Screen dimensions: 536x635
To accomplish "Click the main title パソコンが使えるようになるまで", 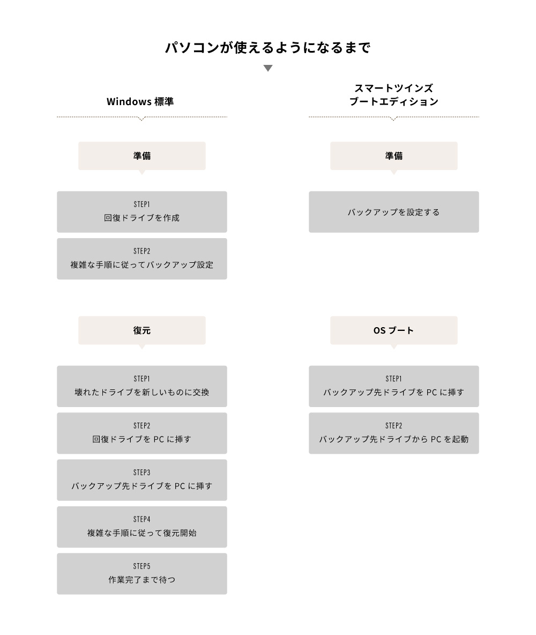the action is coord(267,48).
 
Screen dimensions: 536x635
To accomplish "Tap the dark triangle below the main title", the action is coord(268,68).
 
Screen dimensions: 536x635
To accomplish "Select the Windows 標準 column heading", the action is coord(140,101).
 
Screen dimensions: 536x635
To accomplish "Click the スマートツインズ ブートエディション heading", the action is coord(394,95).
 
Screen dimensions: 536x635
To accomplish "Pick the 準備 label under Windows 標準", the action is coord(142,156).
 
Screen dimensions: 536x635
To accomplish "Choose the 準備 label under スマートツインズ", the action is coord(394,156).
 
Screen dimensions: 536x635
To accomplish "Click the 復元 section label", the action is coord(142,330).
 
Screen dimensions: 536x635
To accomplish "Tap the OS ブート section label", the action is coord(394,330).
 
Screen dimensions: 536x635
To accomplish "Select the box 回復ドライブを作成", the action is coord(142,212).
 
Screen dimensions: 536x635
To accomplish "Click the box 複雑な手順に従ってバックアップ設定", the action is coord(142,259).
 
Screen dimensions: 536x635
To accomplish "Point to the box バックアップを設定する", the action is coord(394,212).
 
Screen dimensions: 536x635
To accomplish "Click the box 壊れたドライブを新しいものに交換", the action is coord(142,386).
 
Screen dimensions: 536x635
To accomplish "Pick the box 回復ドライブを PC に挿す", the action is coord(142,433).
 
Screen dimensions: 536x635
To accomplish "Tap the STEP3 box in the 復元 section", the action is coord(142,480).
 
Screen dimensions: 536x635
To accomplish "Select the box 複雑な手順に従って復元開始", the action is coord(142,527).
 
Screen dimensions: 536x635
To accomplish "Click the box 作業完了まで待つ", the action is coord(142,574).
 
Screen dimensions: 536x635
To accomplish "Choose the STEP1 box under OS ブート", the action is coord(394,386).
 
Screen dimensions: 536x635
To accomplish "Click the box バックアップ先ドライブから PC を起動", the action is coord(394,433).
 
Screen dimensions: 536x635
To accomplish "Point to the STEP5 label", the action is coord(142,566).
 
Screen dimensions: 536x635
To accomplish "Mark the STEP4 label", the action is coord(142,519).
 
